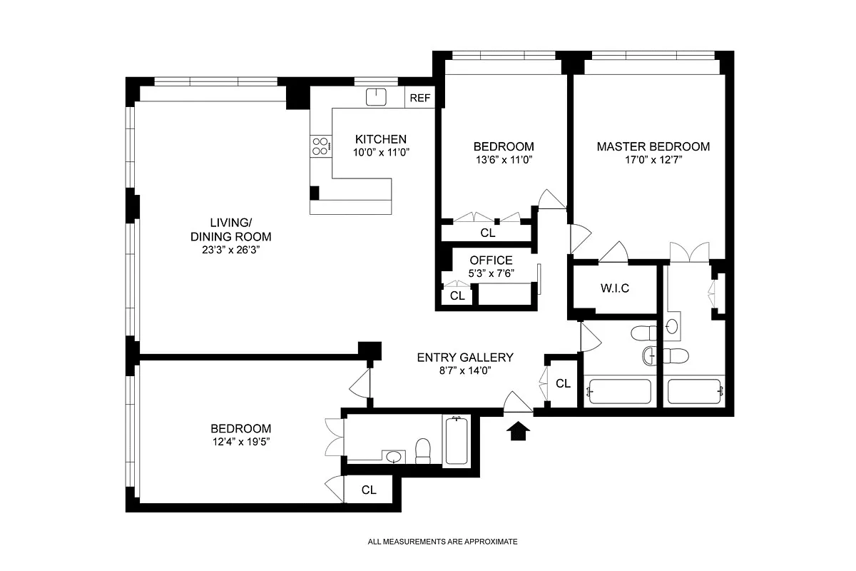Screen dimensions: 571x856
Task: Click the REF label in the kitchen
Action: tap(420, 98)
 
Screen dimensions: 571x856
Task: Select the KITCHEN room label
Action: tap(381, 139)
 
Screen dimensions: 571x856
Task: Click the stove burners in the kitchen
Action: tap(320, 146)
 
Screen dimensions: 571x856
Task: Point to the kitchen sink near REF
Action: tap(376, 97)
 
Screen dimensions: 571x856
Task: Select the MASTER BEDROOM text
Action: tap(653, 146)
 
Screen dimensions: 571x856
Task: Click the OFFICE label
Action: tap(491, 261)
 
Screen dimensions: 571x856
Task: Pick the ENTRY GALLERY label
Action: tap(465, 358)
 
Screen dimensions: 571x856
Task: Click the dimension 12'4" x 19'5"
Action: tap(240, 442)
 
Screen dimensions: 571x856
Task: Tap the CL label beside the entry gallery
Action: tap(563, 383)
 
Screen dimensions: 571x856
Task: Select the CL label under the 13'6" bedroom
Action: tap(487, 233)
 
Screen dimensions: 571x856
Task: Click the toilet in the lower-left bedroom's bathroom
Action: tap(423, 449)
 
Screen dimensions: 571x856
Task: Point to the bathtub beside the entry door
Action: tap(455, 440)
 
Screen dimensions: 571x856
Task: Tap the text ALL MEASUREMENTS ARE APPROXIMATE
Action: tap(442, 542)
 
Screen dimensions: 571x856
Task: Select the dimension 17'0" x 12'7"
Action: tap(653, 161)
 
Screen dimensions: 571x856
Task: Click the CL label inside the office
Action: tap(457, 295)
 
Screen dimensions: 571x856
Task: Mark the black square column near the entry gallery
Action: tap(370, 350)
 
